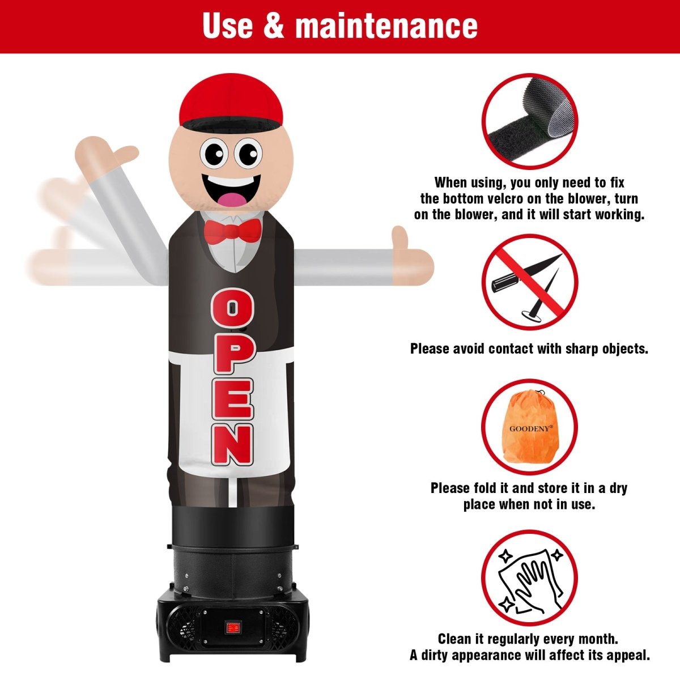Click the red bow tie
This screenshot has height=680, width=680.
pos(232,229)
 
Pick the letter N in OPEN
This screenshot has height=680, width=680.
pos(232,446)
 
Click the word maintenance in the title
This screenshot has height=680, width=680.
pos(386,25)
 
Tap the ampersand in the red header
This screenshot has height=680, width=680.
pos(274,25)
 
